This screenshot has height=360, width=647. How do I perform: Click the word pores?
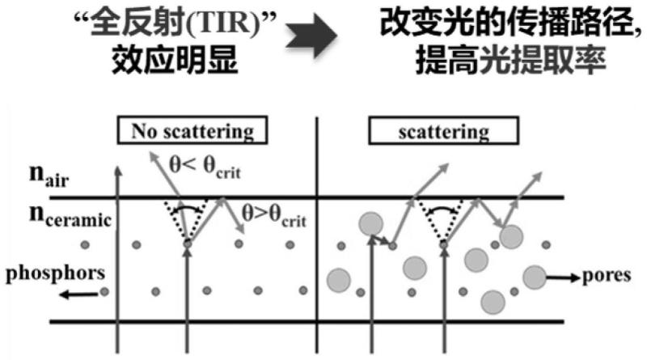(606, 275)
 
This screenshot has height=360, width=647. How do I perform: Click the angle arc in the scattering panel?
(442, 208)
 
